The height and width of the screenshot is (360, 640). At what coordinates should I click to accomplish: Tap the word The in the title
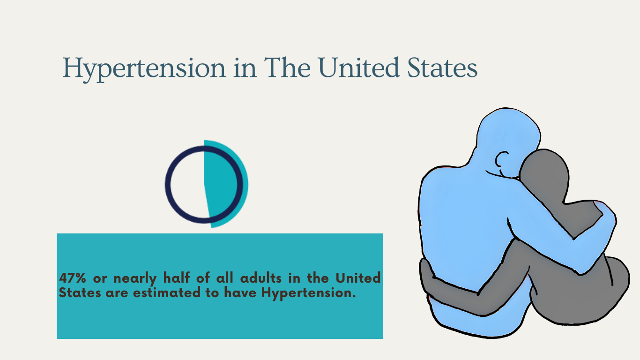(287, 67)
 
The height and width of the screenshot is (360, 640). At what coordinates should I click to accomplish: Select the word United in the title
(358, 67)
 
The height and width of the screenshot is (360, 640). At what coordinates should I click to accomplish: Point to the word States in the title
(442, 68)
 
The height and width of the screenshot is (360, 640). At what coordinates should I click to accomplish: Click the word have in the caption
(240, 292)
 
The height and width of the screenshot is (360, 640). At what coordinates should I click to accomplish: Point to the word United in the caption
(358, 277)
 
